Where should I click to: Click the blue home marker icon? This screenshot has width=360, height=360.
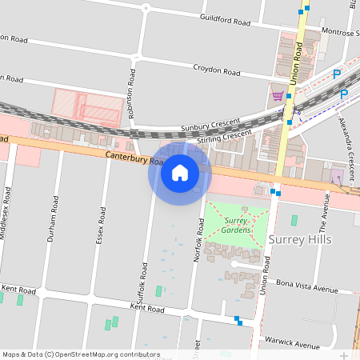180,172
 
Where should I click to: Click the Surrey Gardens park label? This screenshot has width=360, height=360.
237,225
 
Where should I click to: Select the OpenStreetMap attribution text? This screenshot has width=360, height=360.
81,354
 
